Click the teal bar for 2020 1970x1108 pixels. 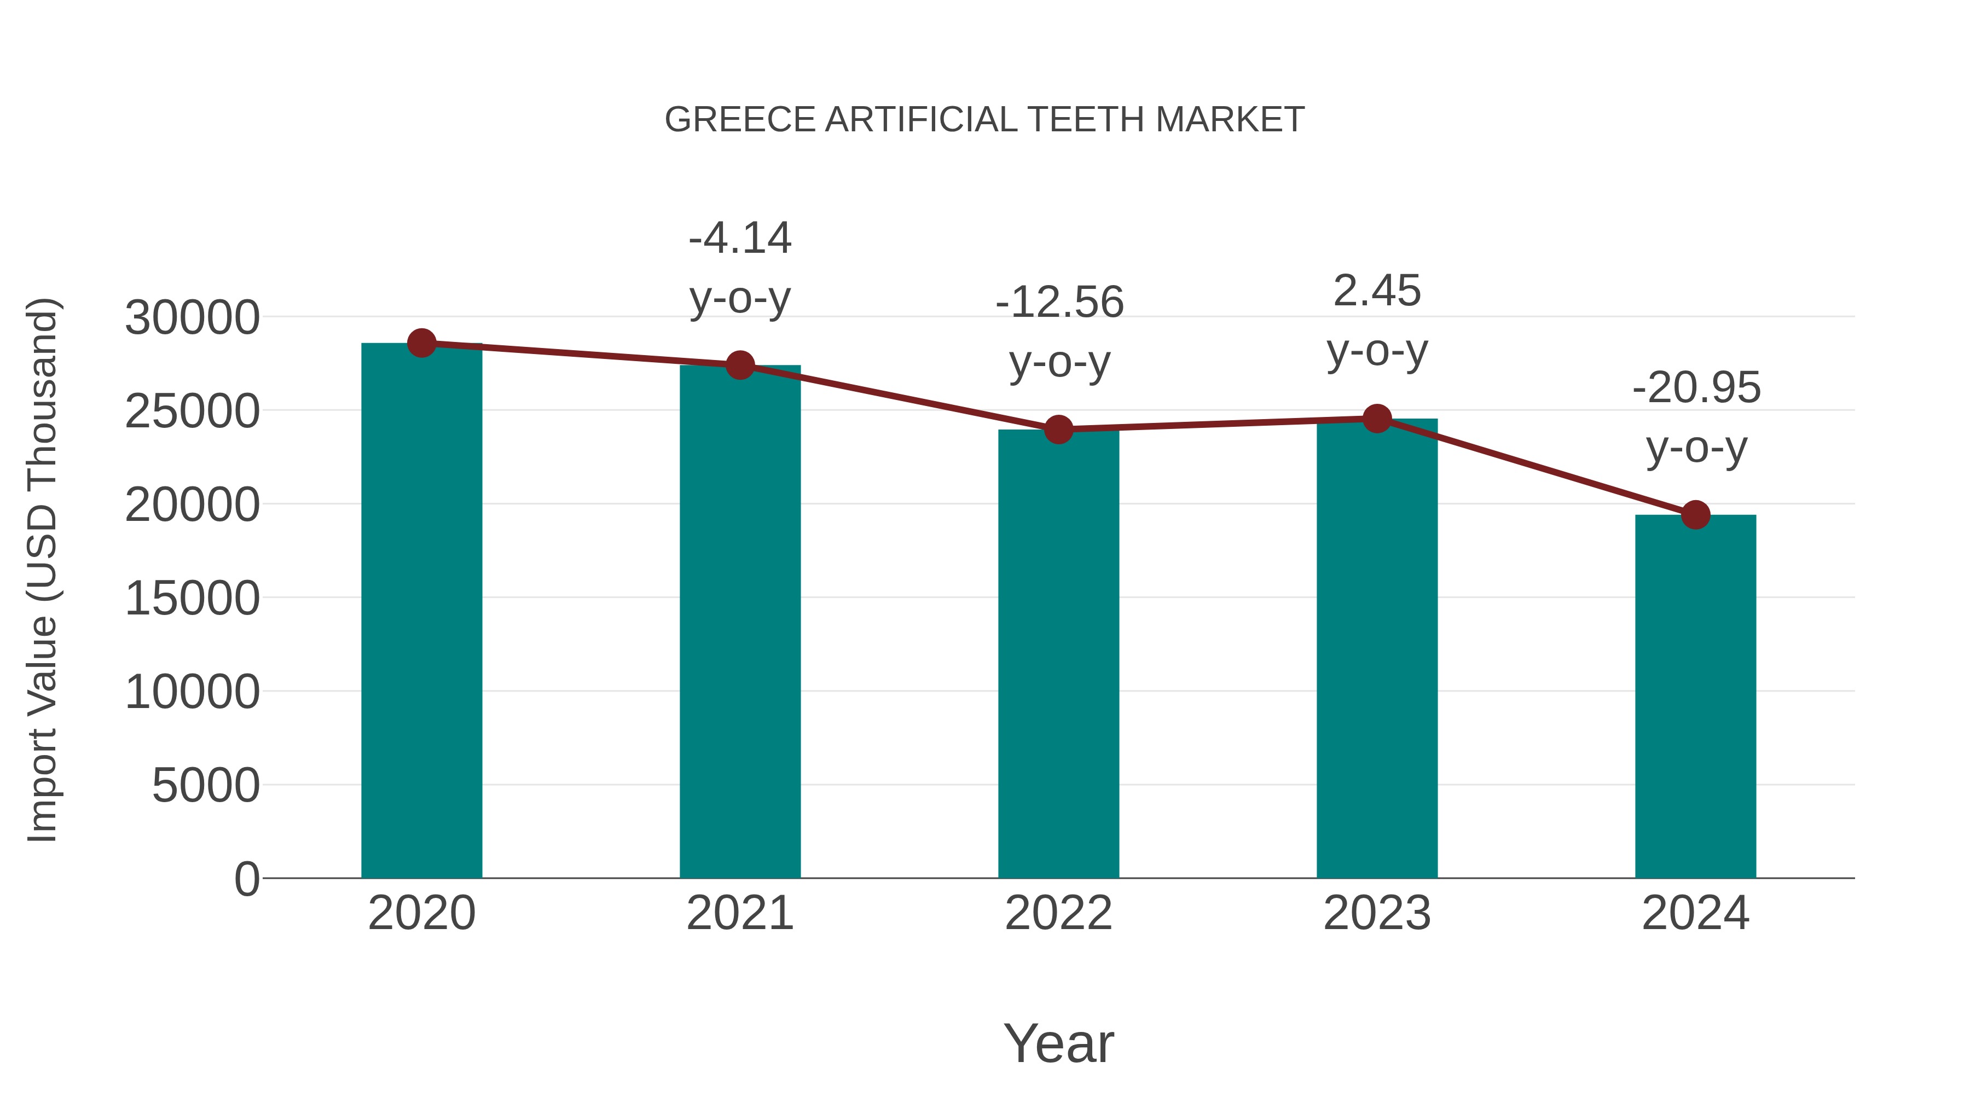[x=421, y=612]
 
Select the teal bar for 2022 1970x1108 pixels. [x=1058, y=654]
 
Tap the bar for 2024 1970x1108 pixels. [x=1695, y=696]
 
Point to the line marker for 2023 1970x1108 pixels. [x=1377, y=418]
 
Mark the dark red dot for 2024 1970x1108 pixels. [x=1695, y=515]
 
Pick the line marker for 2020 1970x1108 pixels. [x=421, y=343]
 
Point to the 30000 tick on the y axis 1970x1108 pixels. [x=192, y=318]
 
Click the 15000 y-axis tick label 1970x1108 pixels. [x=192, y=599]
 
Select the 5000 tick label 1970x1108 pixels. [x=206, y=786]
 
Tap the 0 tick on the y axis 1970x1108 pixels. [x=246, y=879]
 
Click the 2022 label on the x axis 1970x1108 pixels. [x=1058, y=914]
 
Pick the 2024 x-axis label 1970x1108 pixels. [x=1695, y=914]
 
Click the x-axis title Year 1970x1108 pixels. [x=1058, y=1044]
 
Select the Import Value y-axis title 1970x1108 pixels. [x=43, y=570]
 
